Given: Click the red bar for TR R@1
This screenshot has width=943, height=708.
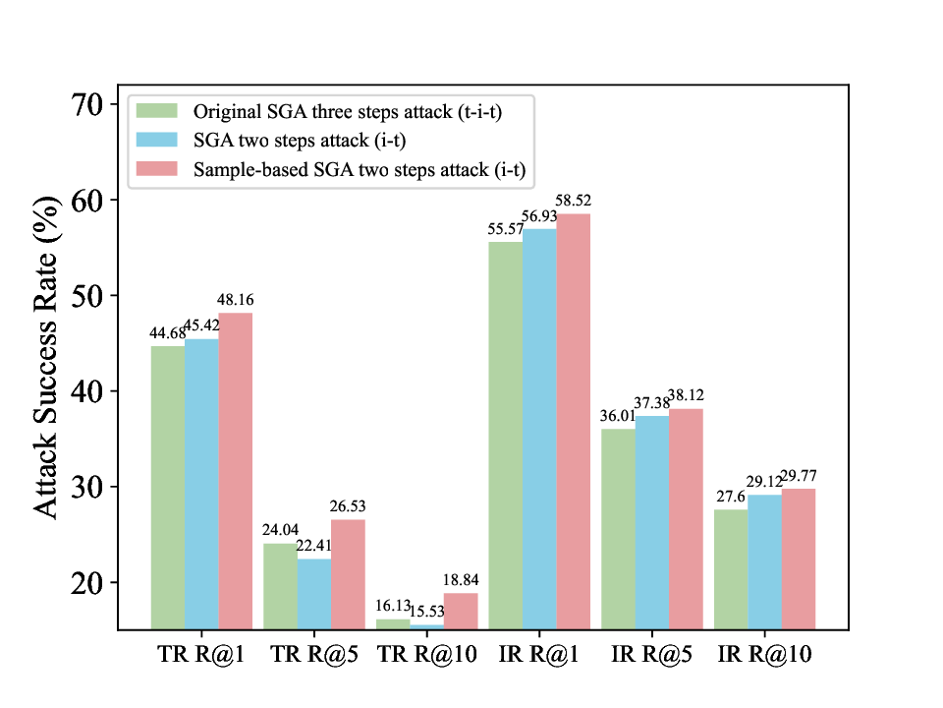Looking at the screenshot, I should point(236,471).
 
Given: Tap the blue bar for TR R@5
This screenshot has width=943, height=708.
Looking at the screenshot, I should point(314,594).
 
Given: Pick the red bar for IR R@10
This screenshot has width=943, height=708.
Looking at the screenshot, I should point(799,559).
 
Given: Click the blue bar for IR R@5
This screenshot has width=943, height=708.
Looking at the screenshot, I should point(652,522).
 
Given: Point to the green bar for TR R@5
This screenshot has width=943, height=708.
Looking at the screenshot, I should point(280,586).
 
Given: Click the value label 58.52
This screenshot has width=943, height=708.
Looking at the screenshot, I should point(573,202).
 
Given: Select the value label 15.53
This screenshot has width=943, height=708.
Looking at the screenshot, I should point(426,613).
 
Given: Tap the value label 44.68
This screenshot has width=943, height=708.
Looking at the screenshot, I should point(167,333).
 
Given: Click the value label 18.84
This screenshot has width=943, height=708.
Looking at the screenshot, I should point(461,580).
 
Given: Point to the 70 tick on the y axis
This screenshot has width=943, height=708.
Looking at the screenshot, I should point(95,104).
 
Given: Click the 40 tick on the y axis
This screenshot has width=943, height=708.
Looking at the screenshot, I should point(95,391).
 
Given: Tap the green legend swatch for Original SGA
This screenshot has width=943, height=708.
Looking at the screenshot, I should point(157,110).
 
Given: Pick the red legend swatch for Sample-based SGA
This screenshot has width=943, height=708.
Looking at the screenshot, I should point(157,169).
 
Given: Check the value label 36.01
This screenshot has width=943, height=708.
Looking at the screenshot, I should point(619,416).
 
